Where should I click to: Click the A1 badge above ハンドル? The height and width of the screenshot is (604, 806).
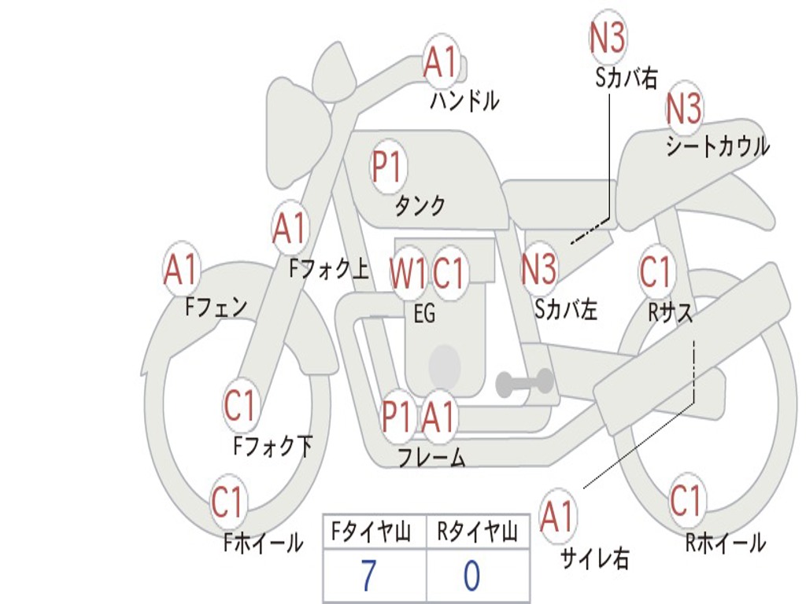(441, 61)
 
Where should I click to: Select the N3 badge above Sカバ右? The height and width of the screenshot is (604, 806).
(608, 38)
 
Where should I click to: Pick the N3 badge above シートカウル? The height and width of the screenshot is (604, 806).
(684, 109)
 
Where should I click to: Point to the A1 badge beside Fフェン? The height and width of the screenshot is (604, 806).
(182, 269)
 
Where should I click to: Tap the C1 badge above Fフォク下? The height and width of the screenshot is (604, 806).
(240, 406)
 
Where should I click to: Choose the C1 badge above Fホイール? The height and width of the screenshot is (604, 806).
(228, 502)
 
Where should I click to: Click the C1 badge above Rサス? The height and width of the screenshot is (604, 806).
(656, 272)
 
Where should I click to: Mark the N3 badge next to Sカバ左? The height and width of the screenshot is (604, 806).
(540, 269)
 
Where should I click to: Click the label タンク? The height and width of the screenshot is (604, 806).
(420, 206)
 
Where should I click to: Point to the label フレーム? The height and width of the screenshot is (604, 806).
(431, 457)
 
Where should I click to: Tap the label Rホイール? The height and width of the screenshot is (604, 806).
(725, 543)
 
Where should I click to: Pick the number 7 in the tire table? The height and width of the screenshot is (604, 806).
(368, 577)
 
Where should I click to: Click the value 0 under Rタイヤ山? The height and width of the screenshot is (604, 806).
(471, 577)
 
